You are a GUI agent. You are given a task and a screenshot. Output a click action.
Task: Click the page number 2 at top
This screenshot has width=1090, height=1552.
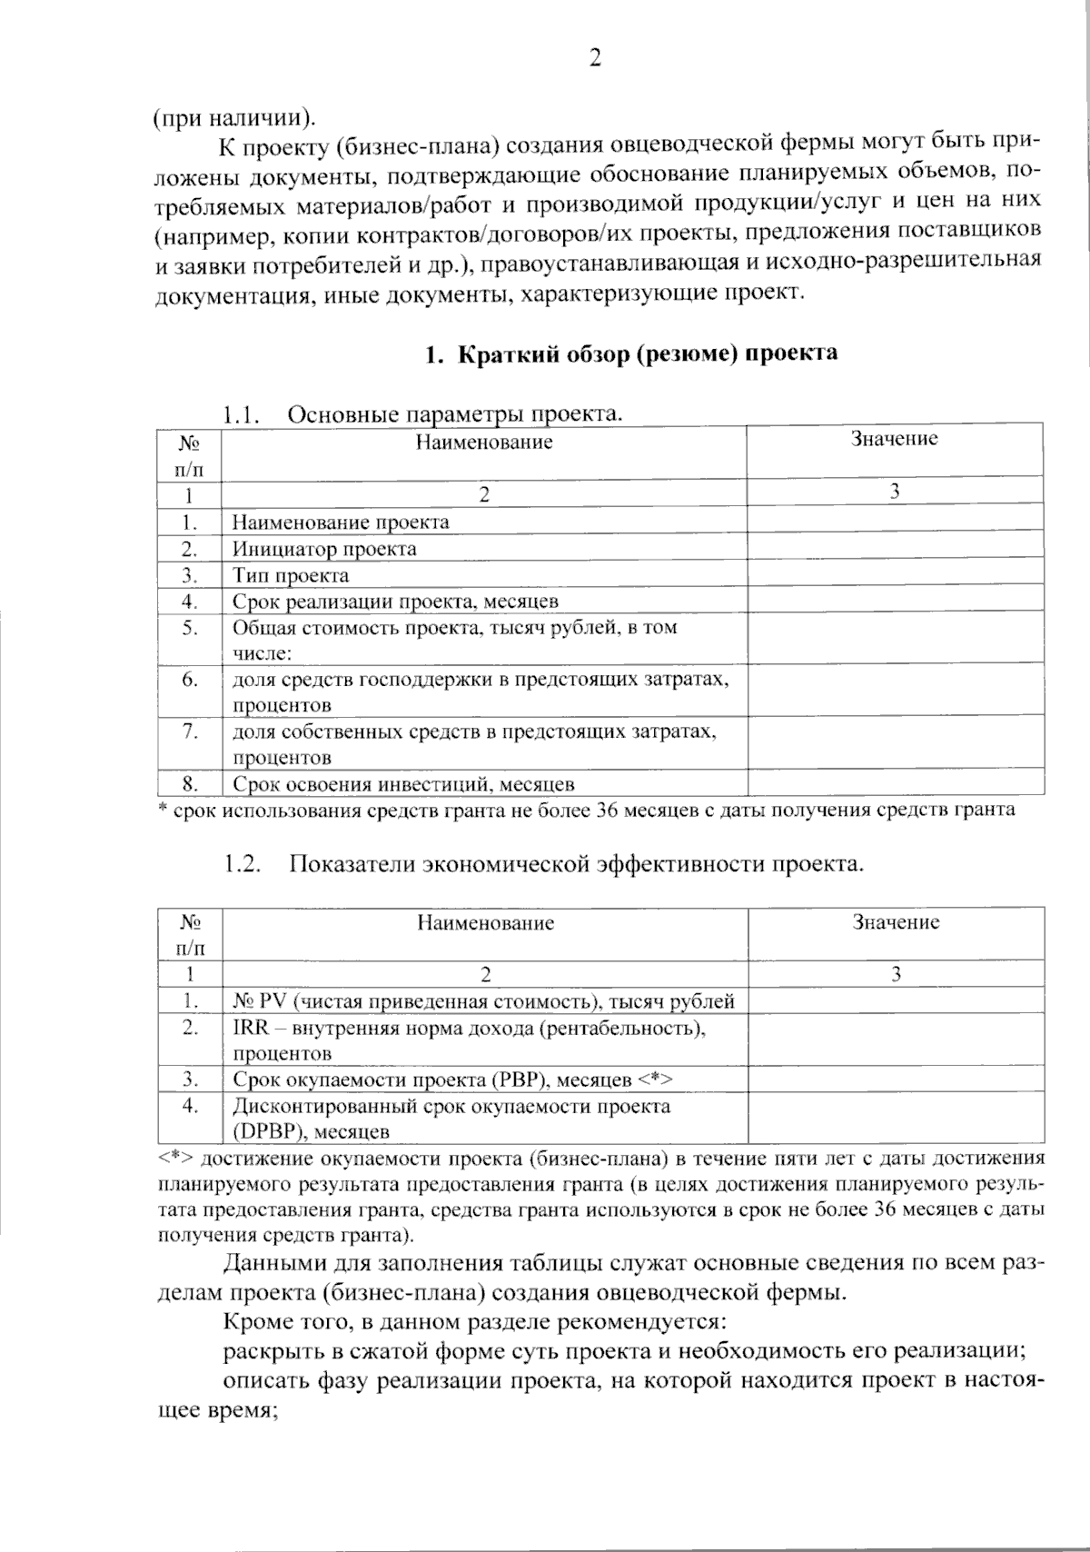[x=595, y=58]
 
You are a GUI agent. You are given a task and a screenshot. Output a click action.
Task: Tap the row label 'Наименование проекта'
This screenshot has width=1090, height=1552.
[x=341, y=522]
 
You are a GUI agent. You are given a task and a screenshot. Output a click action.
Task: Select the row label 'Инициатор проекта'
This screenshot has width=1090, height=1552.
[x=324, y=549]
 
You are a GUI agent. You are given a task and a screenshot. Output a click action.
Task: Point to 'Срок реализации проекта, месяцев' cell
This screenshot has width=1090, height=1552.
[x=395, y=602]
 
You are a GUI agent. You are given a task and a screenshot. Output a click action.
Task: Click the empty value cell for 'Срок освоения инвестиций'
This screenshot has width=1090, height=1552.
[x=894, y=783]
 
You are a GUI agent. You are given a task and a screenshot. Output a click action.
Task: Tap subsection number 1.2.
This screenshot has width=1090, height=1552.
[x=243, y=864]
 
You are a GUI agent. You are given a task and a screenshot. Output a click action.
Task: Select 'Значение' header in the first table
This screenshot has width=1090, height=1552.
[x=894, y=440]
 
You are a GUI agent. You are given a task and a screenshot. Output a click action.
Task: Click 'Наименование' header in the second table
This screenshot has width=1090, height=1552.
[x=485, y=923]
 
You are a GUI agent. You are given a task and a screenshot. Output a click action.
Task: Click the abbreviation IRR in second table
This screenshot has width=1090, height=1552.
[x=249, y=1028]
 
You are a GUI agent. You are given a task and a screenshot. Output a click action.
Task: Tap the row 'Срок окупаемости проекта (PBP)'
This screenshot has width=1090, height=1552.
[x=451, y=1080]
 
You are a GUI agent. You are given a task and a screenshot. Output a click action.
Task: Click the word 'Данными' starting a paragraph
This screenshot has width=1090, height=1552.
[x=264, y=1263]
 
